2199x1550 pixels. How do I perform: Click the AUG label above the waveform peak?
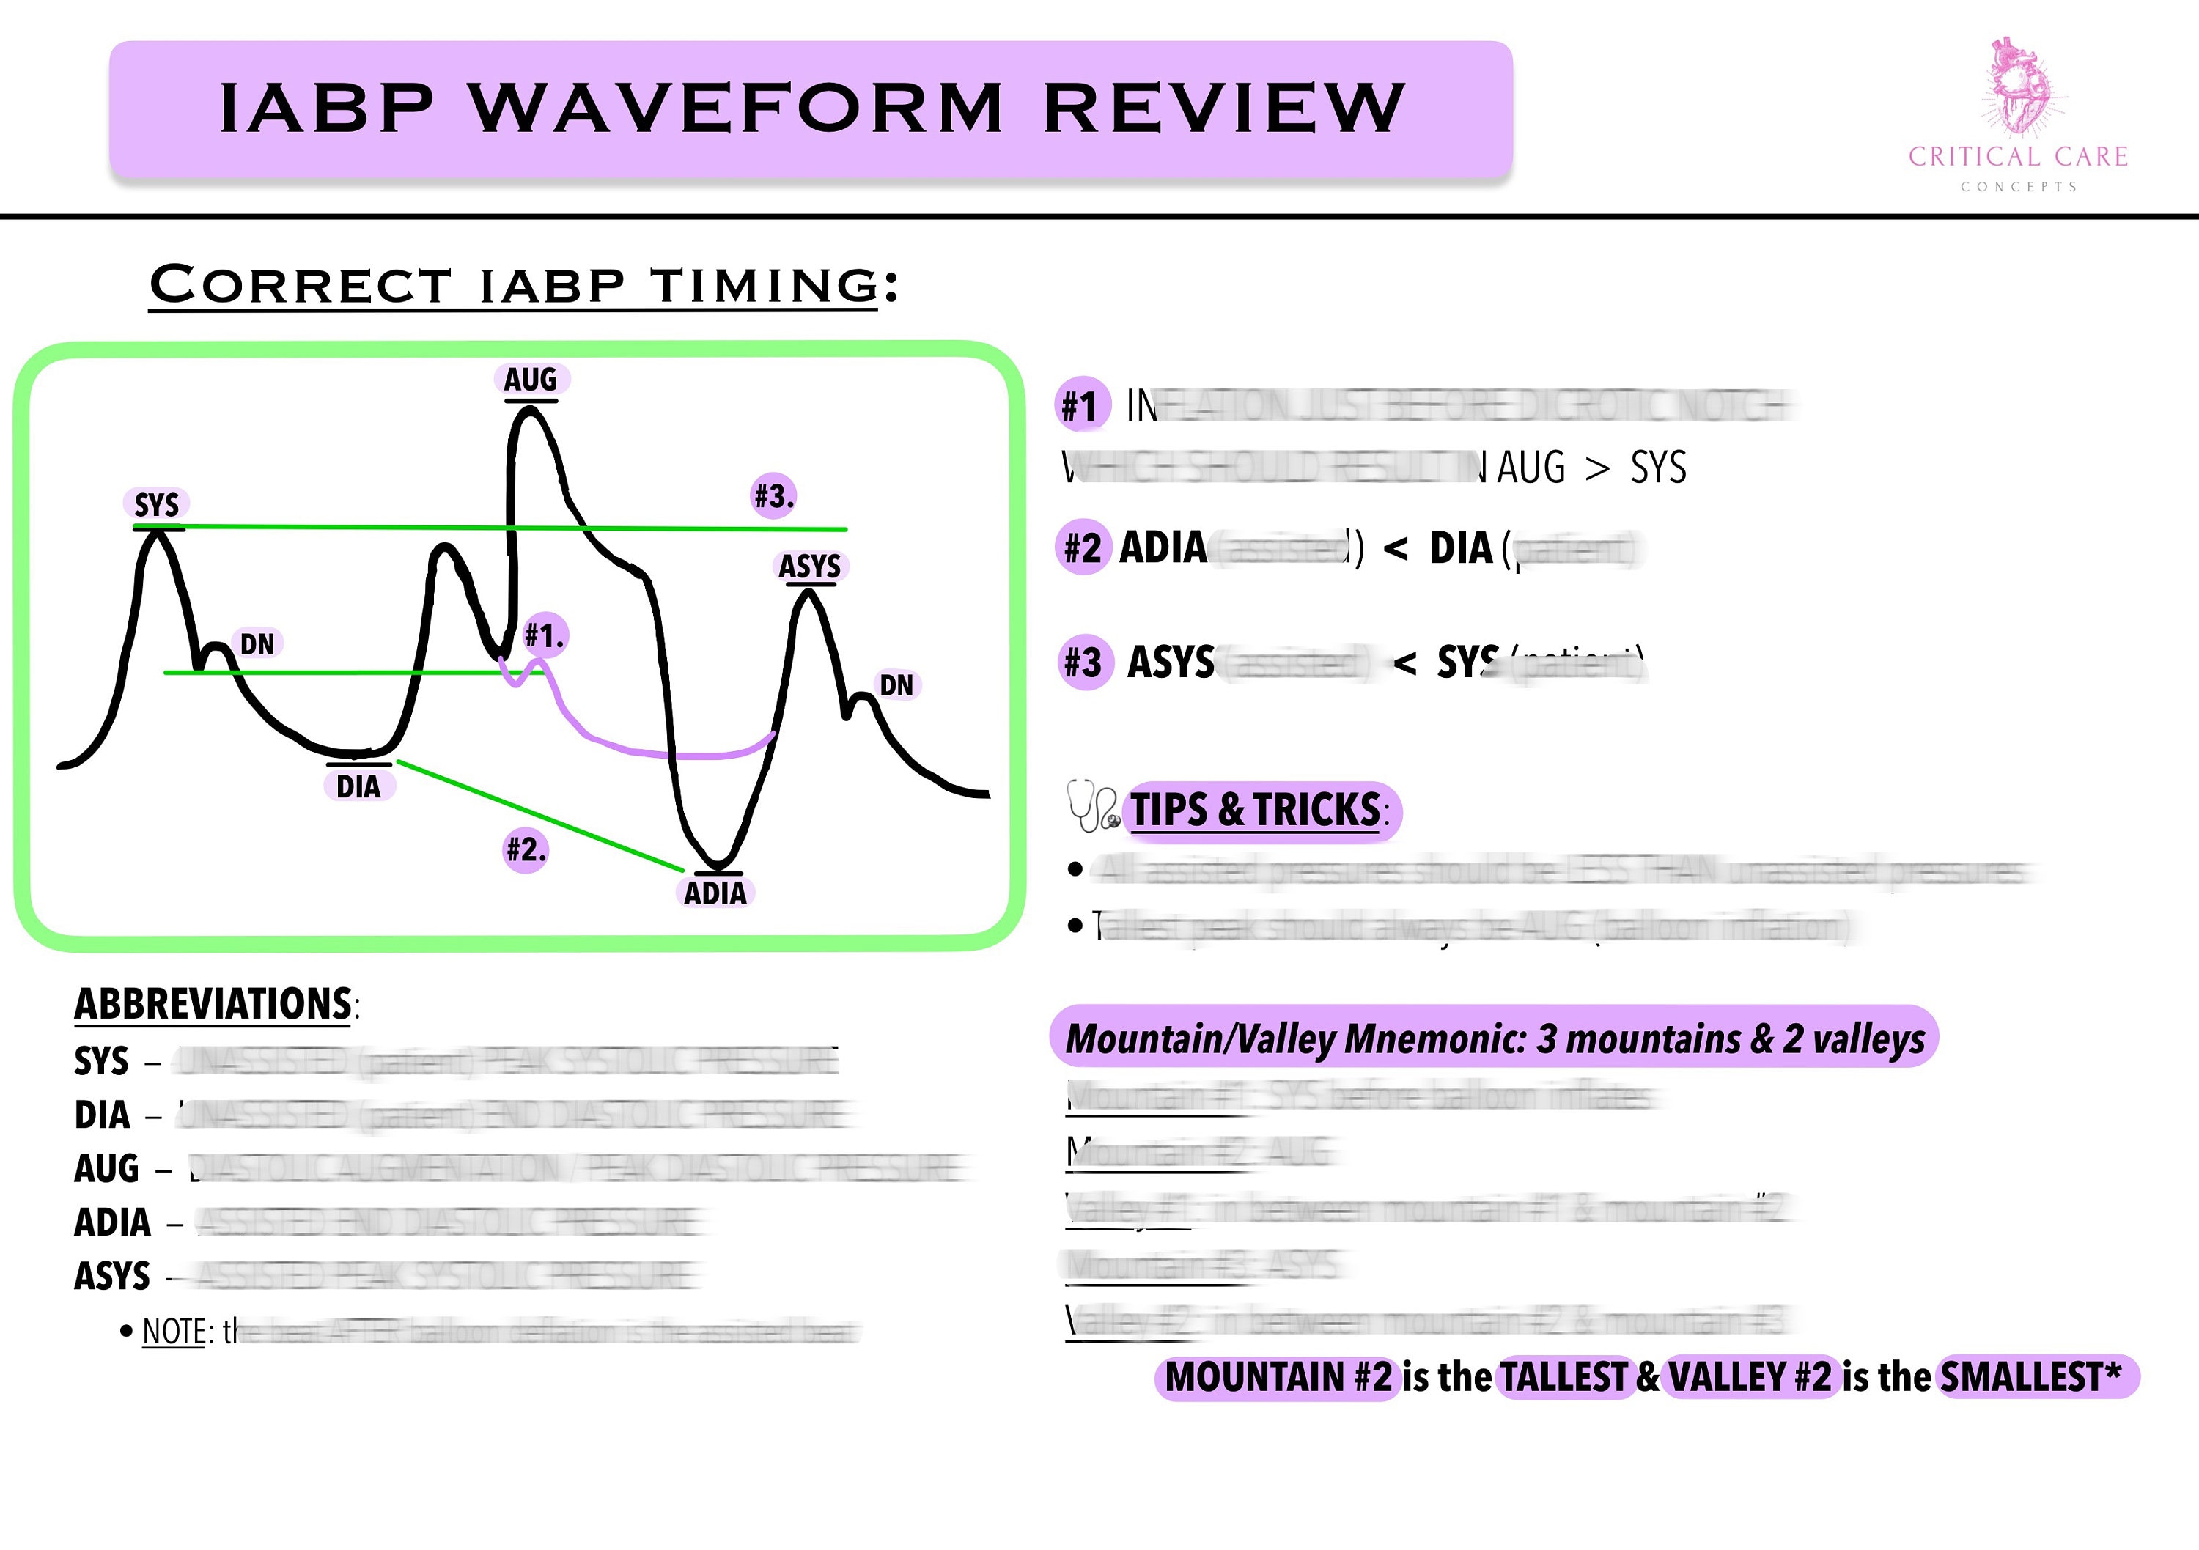click(531, 379)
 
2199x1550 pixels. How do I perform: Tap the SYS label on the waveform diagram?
click(156, 504)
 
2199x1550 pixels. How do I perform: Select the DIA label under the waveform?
click(358, 787)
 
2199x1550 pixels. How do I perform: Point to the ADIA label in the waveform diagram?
click(715, 893)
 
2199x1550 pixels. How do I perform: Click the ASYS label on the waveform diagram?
click(809, 567)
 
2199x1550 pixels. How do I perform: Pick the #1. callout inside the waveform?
click(545, 635)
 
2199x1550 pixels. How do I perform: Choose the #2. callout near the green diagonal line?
click(526, 849)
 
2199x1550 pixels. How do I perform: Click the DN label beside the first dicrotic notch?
click(257, 643)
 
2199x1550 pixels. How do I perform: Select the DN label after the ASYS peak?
click(896, 685)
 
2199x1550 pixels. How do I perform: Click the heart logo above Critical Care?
click(2018, 86)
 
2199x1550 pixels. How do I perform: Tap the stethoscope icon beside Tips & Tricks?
click(1093, 806)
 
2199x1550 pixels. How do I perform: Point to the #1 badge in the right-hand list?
click(1081, 405)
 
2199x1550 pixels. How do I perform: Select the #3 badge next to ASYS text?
click(1083, 663)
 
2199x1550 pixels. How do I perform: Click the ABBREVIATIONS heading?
click(213, 1004)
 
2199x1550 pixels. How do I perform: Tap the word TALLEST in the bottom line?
click(1563, 1377)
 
